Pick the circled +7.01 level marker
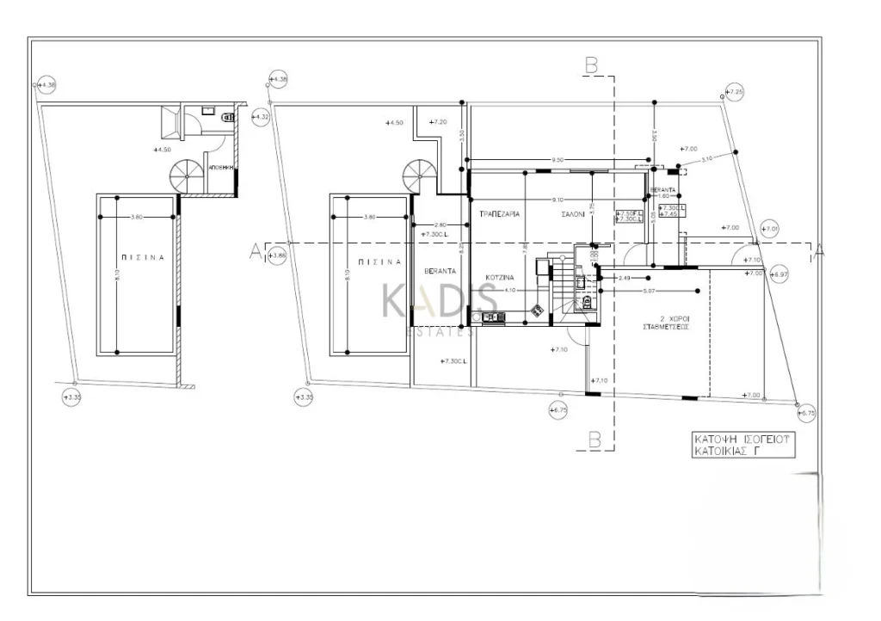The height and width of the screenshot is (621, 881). coord(770,229)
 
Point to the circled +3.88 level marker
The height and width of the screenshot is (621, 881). coord(276,255)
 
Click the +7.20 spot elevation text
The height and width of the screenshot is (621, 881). coord(439,123)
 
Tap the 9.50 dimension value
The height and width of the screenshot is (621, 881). coord(558,160)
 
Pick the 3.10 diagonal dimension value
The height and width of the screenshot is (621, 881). coord(706,159)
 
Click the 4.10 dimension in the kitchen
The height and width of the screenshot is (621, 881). coord(509,291)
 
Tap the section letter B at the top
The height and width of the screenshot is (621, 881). coord(591,65)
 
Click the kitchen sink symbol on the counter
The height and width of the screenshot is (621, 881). coord(494,318)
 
